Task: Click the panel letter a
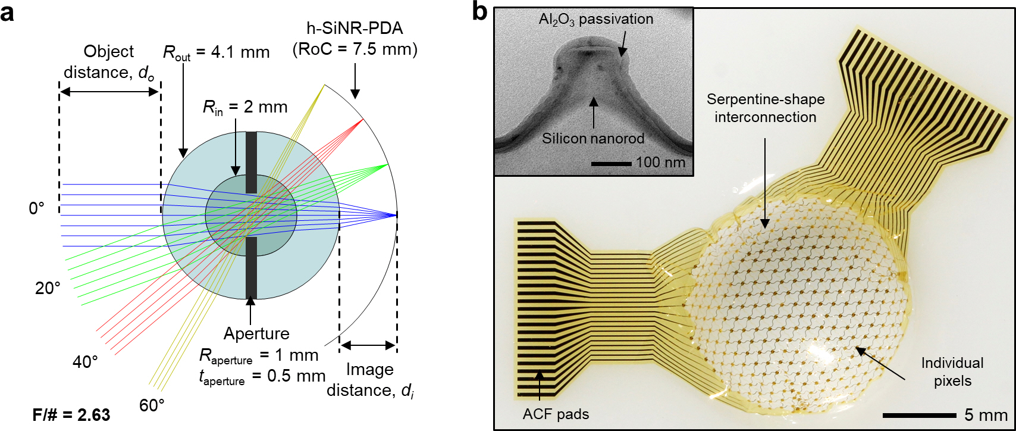coord(8,12)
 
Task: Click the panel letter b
coord(479,11)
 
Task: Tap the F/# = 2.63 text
coord(71,414)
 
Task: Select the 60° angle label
coord(152,405)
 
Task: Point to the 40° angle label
coord(85,362)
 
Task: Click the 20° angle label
coord(48,288)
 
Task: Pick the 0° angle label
coord(37,208)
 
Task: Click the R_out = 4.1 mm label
coord(216,53)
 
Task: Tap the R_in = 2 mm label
coord(245,107)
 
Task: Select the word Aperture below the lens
coord(256,333)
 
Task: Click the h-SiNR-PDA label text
coord(355,27)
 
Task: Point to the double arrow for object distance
coord(109,92)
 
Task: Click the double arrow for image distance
coord(368,345)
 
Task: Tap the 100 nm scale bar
coord(611,163)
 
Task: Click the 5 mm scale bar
coord(919,415)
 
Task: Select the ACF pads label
coord(556,414)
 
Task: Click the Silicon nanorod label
coord(593,139)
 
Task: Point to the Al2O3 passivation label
coord(595,19)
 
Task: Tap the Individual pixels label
coord(952,372)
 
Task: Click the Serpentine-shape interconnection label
coord(766,108)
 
